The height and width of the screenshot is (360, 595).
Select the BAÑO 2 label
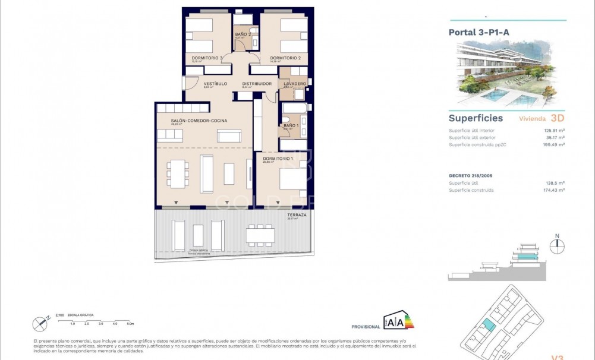coord(243,34)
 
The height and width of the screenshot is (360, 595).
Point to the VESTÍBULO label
coord(215,84)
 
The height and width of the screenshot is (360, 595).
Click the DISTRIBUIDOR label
coord(257,84)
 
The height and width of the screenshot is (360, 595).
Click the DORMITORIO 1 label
coord(278,158)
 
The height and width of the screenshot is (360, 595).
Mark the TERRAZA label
coord(297,215)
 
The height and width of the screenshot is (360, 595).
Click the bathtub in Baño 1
coord(293,108)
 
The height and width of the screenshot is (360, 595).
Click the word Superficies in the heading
coord(476,118)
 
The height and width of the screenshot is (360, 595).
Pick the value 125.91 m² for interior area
coord(552,130)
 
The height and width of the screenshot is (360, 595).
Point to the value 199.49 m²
coord(552,144)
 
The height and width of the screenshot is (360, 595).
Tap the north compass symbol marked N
coord(557,246)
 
